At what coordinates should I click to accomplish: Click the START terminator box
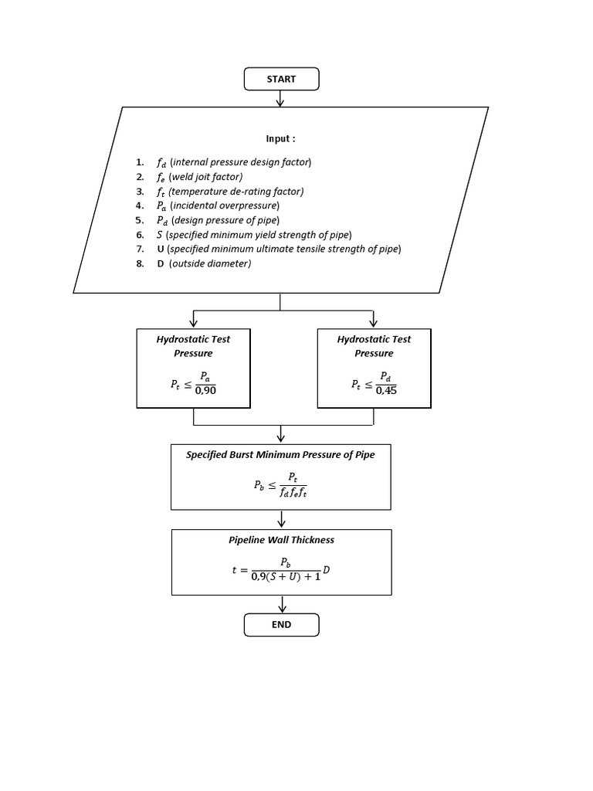[281, 79]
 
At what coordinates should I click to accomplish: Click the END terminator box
[281, 624]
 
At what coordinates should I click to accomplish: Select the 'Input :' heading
[280, 139]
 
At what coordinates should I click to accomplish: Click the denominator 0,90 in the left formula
[205, 390]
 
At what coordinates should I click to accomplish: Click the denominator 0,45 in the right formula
[386, 390]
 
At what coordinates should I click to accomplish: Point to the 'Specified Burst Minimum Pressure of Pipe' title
[280, 455]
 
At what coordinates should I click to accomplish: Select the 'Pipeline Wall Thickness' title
[281, 540]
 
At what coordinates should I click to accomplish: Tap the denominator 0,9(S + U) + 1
[286, 577]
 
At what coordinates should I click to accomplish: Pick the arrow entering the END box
[281, 604]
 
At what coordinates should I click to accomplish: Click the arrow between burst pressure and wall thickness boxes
[281, 519]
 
